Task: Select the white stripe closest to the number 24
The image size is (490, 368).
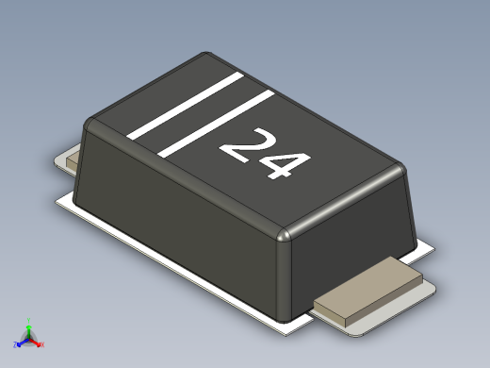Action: (216, 121)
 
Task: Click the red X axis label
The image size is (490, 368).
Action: (42, 344)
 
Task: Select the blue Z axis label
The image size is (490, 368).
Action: (16, 344)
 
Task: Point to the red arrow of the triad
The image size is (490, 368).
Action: (37, 342)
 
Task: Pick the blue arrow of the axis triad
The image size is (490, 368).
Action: (22, 342)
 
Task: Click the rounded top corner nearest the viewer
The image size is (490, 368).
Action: (286, 234)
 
